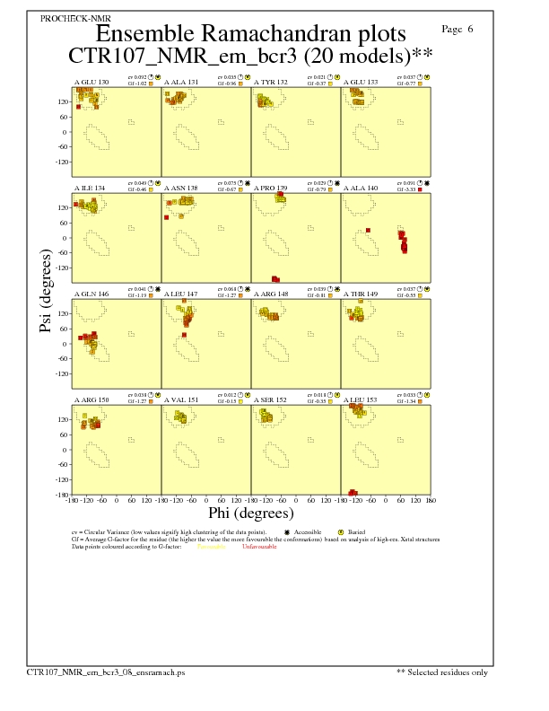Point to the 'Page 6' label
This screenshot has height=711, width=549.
[x=458, y=30]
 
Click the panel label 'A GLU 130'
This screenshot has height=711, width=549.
[x=91, y=83]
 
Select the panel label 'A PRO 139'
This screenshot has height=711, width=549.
[x=271, y=189]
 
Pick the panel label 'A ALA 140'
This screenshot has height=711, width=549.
[x=361, y=189]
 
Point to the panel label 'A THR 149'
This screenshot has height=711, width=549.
[x=361, y=294]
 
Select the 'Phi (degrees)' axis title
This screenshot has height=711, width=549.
[x=251, y=513]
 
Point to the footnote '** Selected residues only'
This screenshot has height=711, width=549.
[x=442, y=671]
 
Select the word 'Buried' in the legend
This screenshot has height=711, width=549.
[x=355, y=532]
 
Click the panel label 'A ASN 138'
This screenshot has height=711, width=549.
[x=181, y=189]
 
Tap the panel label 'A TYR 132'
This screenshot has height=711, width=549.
[x=271, y=83]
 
